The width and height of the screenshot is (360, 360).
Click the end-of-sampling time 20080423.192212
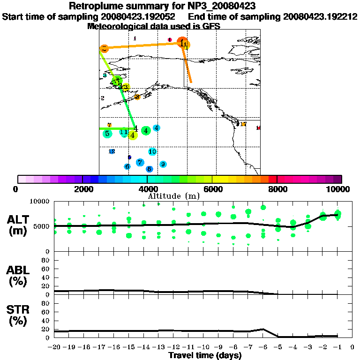[320, 16]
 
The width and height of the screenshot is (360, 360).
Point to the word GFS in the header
[212, 26]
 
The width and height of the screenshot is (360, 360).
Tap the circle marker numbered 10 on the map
[152, 151]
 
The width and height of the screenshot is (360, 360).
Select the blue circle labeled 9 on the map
[163, 164]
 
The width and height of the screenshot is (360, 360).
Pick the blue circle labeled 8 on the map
[149, 169]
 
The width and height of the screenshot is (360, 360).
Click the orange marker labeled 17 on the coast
[243, 124]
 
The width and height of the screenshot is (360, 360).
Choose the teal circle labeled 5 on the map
[107, 134]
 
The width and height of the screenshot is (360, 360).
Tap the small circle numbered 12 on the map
[112, 151]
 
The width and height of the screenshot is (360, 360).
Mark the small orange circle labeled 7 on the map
[109, 125]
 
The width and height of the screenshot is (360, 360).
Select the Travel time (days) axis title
[205, 356]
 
